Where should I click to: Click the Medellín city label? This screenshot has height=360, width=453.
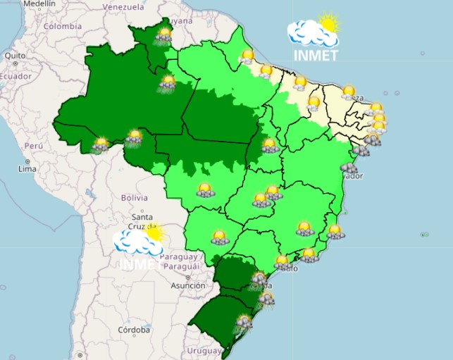[x=39, y=4]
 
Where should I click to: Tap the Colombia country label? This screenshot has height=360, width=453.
[x=63, y=26]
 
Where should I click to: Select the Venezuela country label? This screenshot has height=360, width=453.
[x=123, y=7]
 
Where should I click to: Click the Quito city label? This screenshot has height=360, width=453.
[x=15, y=55]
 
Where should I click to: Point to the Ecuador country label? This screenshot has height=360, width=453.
[x=15, y=76]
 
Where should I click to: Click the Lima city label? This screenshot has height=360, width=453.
[x=27, y=169]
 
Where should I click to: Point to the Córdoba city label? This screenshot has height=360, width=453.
[x=134, y=329]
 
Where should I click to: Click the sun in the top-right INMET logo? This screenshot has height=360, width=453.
[x=328, y=23]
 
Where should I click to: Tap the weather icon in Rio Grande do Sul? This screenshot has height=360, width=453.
[x=244, y=323]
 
